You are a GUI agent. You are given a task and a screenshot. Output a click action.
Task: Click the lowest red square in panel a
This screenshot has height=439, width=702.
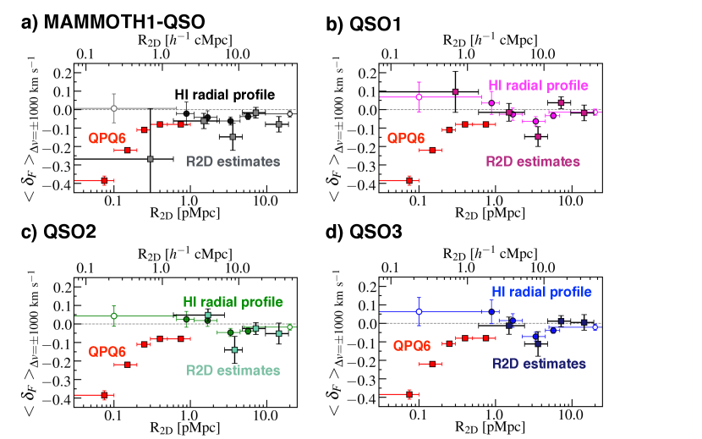(104, 180)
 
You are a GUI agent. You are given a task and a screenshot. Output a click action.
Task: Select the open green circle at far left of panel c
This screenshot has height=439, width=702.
(113, 316)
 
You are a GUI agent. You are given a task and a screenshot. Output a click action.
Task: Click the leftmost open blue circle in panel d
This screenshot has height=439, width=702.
(418, 311)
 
